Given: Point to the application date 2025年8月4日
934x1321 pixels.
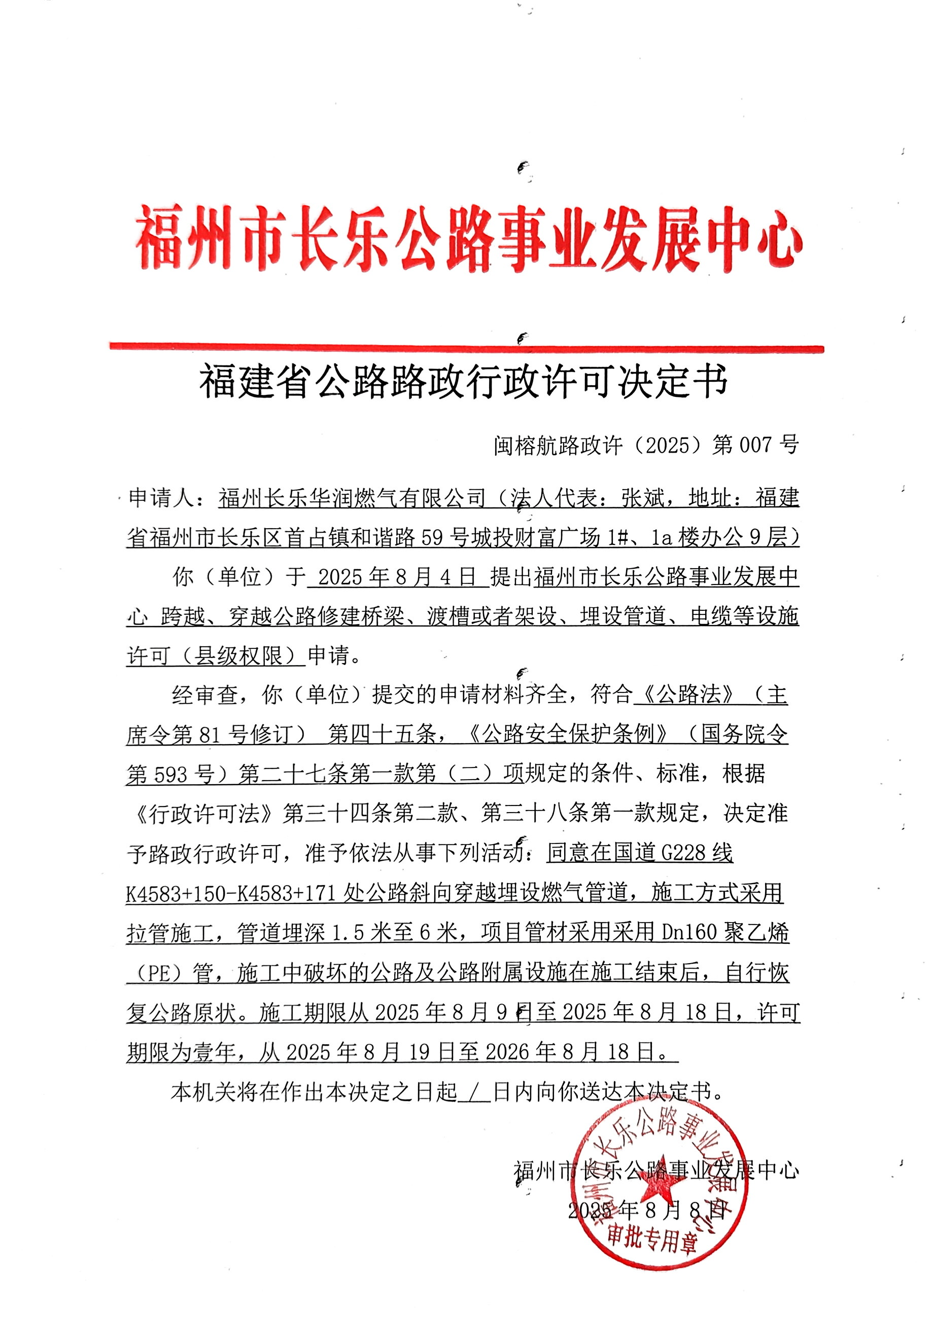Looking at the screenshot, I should coord(397,576).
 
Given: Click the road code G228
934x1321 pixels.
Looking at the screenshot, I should coord(684,852).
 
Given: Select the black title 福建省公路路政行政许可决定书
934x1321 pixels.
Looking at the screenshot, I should coord(464,382).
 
